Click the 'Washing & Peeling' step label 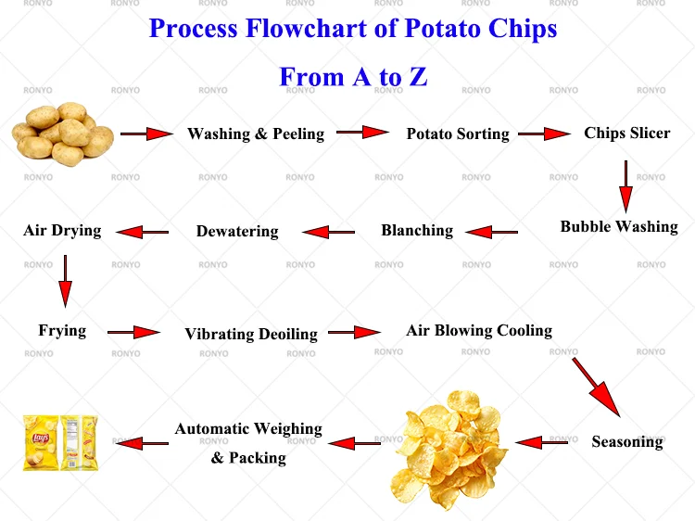(x=256, y=133)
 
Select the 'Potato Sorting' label (x=458, y=133)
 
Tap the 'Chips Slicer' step (x=626, y=133)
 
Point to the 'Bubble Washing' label (x=619, y=226)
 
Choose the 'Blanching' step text (x=417, y=230)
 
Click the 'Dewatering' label (x=237, y=231)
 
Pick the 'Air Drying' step (x=62, y=230)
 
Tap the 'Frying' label (x=62, y=330)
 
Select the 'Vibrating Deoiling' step (x=251, y=334)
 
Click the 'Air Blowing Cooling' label (x=479, y=330)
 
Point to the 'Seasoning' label (x=627, y=441)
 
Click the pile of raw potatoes (x=63, y=134)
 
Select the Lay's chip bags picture (x=60, y=442)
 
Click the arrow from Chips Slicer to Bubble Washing (x=625, y=186)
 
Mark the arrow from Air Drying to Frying (x=65, y=280)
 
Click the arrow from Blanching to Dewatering (x=329, y=232)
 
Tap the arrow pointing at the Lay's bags (x=142, y=443)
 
